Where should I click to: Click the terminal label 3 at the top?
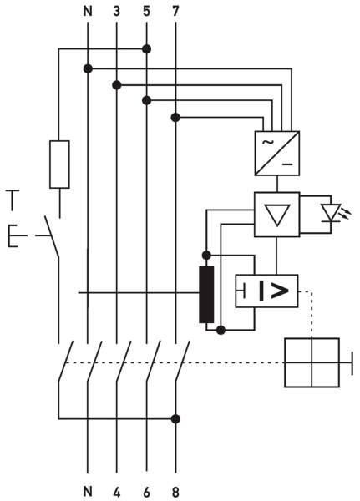(117, 11)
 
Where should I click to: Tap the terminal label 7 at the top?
(175, 11)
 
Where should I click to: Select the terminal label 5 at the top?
(146, 11)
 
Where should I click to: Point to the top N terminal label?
(88, 11)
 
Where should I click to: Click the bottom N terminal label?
(88, 491)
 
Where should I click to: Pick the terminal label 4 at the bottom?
(117, 491)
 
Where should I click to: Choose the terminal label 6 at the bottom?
(146, 491)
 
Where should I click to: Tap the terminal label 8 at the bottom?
(175, 491)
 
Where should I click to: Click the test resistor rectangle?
(59, 164)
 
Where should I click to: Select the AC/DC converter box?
(277, 154)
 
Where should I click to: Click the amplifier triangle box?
(277, 215)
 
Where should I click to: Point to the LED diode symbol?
(331, 213)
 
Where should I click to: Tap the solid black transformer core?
(206, 294)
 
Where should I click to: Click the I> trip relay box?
(266, 291)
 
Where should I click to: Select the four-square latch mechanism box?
(312, 362)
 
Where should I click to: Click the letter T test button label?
(13, 200)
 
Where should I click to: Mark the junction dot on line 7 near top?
(175, 118)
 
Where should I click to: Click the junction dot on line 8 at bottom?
(175, 419)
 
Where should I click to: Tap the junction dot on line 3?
(117, 85)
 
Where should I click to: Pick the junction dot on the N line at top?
(88, 68)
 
